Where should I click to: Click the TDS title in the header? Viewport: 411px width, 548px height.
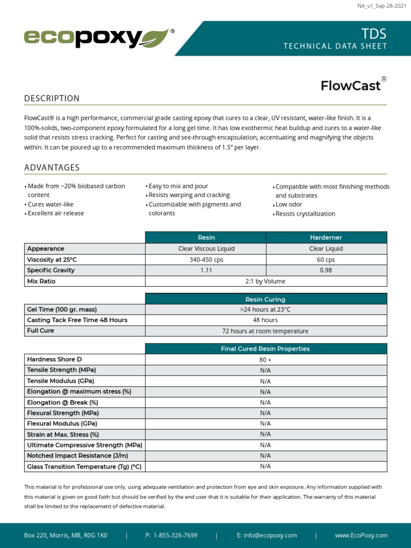point(374,34)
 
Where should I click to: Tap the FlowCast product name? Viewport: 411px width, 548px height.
point(351,86)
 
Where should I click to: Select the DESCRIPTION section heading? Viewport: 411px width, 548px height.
point(52,98)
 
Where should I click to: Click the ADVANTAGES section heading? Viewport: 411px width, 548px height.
point(52,168)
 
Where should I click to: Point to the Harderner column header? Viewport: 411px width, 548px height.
point(326,237)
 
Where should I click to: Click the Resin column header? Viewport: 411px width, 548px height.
point(206,237)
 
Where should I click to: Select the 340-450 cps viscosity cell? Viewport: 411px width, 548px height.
point(206,260)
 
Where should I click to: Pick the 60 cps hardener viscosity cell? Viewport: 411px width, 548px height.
point(326,260)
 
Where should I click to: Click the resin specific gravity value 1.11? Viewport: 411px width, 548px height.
point(206,270)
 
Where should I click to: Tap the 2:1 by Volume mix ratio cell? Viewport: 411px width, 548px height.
point(265,281)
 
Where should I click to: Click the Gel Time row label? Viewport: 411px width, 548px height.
point(62,309)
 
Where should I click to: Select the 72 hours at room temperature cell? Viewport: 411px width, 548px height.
point(265,331)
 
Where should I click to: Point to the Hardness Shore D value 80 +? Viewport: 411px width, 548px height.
point(265,360)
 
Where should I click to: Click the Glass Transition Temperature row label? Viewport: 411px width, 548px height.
point(84,466)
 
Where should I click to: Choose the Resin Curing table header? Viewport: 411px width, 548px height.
point(265,299)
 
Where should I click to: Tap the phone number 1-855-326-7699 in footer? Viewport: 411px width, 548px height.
point(175,535)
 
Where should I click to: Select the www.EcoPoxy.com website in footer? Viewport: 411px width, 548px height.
point(361,535)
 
